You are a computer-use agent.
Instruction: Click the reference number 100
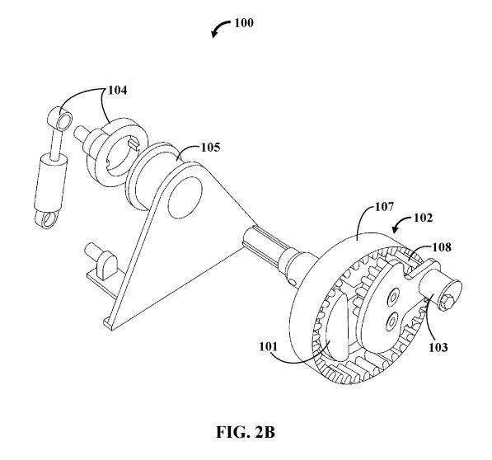244,23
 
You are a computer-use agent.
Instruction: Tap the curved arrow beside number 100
220,27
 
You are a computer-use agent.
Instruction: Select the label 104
118,91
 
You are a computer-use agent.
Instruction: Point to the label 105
210,148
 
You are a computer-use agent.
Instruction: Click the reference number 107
384,207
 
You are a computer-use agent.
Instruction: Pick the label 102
423,218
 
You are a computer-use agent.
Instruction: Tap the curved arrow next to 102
401,223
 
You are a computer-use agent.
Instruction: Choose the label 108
442,247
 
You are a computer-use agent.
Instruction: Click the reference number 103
438,347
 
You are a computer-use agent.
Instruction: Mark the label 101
269,347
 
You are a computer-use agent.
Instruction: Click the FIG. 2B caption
246,432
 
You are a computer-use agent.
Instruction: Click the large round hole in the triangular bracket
185,198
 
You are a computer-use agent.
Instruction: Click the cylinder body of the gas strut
51,182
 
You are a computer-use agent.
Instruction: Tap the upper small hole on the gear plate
393,296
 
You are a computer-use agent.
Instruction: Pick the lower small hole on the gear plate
391,320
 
